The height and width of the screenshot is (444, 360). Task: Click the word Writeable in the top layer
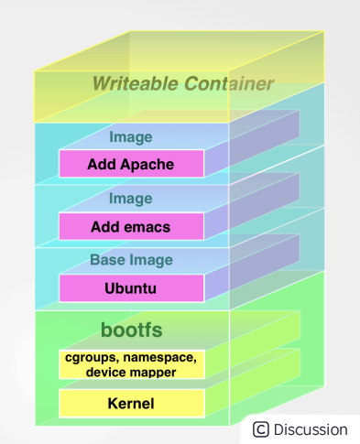point(136,84)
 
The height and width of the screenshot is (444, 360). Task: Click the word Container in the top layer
point(228,84)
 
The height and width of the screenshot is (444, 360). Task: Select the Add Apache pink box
point(130,165)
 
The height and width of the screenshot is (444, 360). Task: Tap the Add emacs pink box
point(130,226)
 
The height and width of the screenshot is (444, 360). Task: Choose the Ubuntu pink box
point(130,287)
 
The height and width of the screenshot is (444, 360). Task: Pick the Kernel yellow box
point(130,403)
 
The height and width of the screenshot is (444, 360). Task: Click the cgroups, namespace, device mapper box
point(130,364)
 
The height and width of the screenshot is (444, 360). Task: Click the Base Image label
point(130,260)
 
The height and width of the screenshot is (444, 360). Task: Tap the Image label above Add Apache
point(130,137)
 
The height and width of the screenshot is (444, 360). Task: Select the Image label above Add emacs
point(130,199)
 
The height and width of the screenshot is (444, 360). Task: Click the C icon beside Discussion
point(261,429)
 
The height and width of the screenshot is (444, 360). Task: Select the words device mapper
point(130,372)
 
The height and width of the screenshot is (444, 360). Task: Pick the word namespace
point(162,357)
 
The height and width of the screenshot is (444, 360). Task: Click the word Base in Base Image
point(107,260)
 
